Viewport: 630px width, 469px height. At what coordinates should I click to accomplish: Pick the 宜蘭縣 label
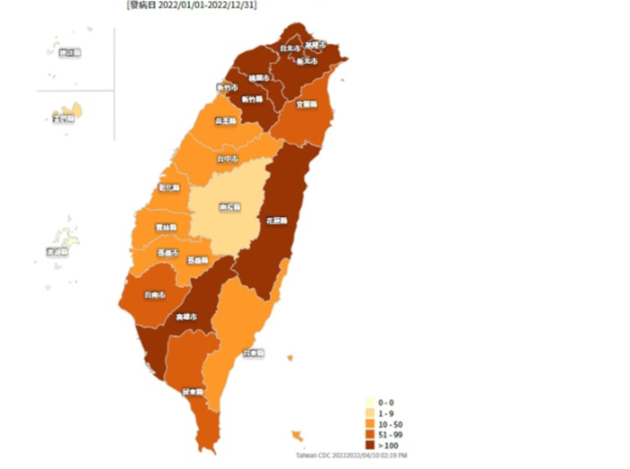tap(306, 104)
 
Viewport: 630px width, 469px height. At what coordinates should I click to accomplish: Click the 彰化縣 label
tap(168, 188)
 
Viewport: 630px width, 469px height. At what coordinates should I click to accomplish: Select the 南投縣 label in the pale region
tap(229, 207)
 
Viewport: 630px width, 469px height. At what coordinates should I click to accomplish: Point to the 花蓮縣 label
tap(277, 219)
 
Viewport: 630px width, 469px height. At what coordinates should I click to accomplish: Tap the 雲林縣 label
tap(165, 228)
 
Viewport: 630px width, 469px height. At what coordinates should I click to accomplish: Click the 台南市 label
tap(154, 294)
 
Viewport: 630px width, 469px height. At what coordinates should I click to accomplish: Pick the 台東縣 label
tap(253, 353)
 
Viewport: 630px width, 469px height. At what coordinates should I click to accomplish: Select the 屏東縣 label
tap(191, 392)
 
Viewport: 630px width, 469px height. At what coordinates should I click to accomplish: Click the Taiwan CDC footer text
tap(351, 456)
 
